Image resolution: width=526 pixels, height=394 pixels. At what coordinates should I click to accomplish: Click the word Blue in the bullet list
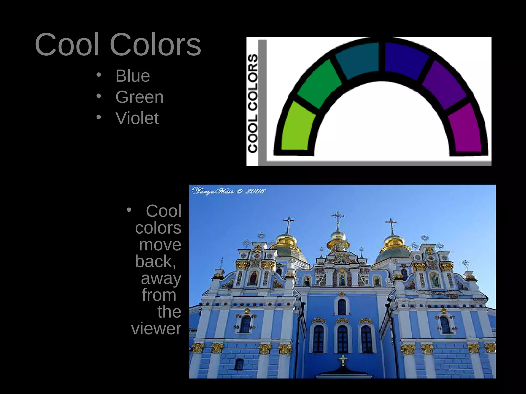(133, 76)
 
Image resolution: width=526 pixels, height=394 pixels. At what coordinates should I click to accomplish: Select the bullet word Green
(139, 97)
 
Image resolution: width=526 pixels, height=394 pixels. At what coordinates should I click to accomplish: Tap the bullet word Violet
(137, 118)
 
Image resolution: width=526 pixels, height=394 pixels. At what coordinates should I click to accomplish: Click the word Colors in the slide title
(155, 45)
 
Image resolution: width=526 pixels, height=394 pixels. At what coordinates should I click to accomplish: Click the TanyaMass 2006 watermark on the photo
(228, 191)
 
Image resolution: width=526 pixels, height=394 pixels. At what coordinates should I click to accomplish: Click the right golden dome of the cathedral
(392, 241)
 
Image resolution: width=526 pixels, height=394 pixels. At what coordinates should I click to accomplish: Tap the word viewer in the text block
(156, 329)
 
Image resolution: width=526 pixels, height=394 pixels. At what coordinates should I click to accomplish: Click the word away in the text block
(161, 278)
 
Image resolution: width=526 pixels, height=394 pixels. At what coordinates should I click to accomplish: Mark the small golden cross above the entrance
(343, 359)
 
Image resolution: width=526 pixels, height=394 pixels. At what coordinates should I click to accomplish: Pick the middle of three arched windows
(342, 339)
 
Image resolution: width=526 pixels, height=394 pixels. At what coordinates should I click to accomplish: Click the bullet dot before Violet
(99, 117)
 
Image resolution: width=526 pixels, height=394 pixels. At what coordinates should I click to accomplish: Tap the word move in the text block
(160, 245)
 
